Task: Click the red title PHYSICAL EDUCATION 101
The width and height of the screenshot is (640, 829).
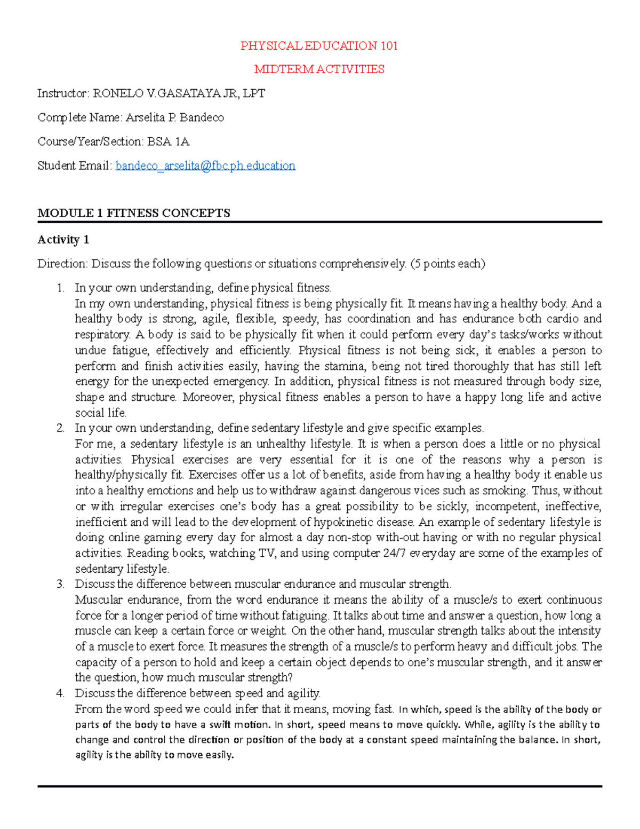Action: click(319, 46)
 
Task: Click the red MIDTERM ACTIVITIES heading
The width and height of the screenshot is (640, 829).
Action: click(319, 69)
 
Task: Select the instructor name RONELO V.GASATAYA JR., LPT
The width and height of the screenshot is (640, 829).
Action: click(179, 93)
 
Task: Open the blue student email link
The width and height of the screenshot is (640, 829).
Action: click(205, 165)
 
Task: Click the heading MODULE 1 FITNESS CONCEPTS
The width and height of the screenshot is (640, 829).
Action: click(134, 213)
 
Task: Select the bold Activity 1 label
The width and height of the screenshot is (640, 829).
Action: click(63, 240)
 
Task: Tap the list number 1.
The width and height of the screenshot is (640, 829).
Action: click(60, 288)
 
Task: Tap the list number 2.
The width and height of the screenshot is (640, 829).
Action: click(60, 428)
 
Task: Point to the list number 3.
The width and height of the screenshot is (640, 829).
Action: click(60, 584)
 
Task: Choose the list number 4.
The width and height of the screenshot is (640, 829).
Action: click(60, 693)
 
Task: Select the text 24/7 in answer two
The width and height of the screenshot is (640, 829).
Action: click(394, 553)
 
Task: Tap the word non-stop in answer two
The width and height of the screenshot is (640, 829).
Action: click(350, 538)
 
